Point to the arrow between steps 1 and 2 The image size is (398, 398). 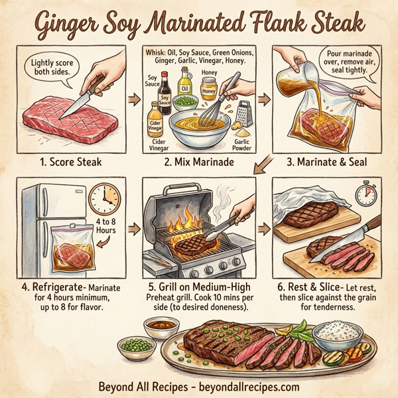(x=133, y=99)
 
